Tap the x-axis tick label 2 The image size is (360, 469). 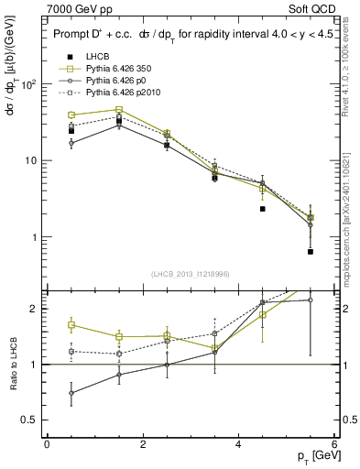(143, 443)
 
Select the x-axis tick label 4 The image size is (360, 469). (238, 443)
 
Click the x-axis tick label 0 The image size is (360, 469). (47, 443)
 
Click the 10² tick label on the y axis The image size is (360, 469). (27, 84)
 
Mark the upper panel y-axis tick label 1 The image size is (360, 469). (33, 237)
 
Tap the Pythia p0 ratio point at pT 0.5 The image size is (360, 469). (71, 393)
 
